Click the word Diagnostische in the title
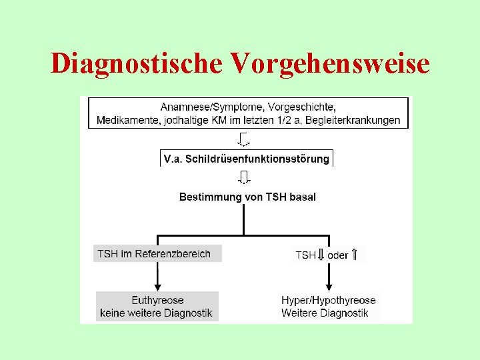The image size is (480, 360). (x=137, y=63)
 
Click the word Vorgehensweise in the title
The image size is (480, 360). (x=330, y=63)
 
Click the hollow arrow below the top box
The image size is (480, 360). (x=244, y=139)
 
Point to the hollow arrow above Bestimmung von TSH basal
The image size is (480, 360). (x=244, y=177)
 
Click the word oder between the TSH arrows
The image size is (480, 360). (x=338, y=255)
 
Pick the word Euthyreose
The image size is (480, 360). (x=157, y=300)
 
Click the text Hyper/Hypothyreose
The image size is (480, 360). (x=329, y=300)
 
